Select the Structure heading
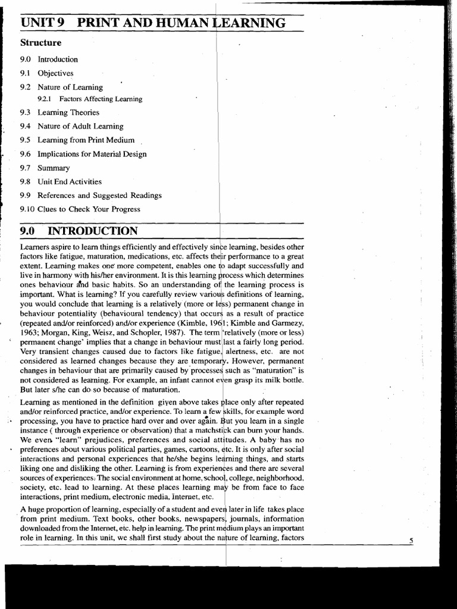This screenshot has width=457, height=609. [41, 43]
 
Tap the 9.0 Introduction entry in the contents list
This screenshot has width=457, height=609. [57, 59]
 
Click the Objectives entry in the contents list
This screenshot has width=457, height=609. [55, 73]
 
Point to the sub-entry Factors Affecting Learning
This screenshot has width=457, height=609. [101, 99]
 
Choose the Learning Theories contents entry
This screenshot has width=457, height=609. [68, 112]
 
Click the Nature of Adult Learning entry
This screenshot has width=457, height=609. [80, 126]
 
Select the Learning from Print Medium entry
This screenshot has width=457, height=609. [86, 140]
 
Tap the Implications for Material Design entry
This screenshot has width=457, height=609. [92, 154]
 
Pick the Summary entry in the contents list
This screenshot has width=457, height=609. [54, 168]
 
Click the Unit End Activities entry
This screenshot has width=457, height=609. [70, 182]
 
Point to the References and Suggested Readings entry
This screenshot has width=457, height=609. [99, 195]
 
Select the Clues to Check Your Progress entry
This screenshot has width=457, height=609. [89, 209]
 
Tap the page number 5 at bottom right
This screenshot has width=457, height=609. [411, 540]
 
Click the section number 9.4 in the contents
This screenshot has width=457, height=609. [24, 126]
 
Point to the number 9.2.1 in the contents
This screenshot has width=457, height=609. [45, 99]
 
